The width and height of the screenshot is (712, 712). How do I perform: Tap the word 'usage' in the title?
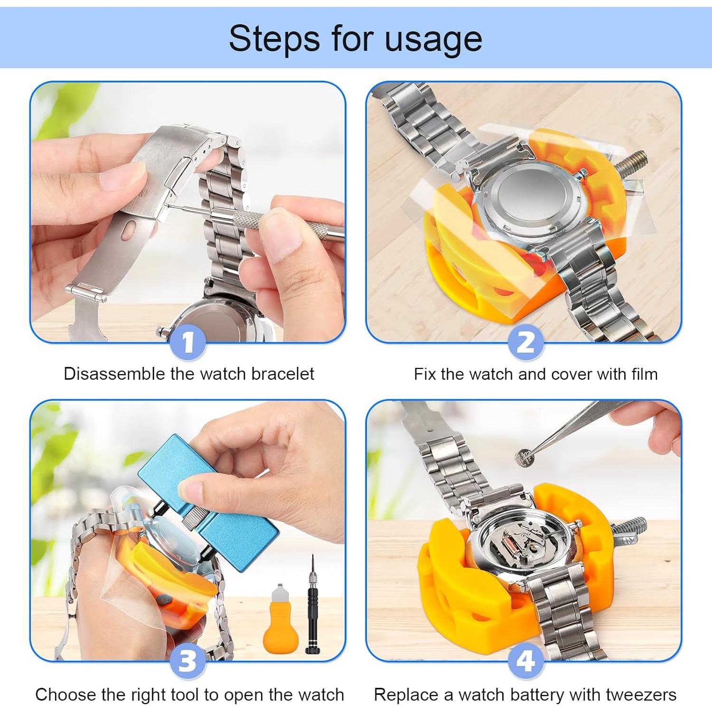[433, 39]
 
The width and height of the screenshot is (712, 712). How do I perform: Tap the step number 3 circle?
[188, 660]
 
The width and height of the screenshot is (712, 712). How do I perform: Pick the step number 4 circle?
[525, 660]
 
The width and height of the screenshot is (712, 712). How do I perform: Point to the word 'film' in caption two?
[644, 374]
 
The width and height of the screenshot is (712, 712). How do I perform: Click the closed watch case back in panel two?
[529, 199]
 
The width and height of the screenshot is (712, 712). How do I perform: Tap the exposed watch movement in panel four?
[522, 541]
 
